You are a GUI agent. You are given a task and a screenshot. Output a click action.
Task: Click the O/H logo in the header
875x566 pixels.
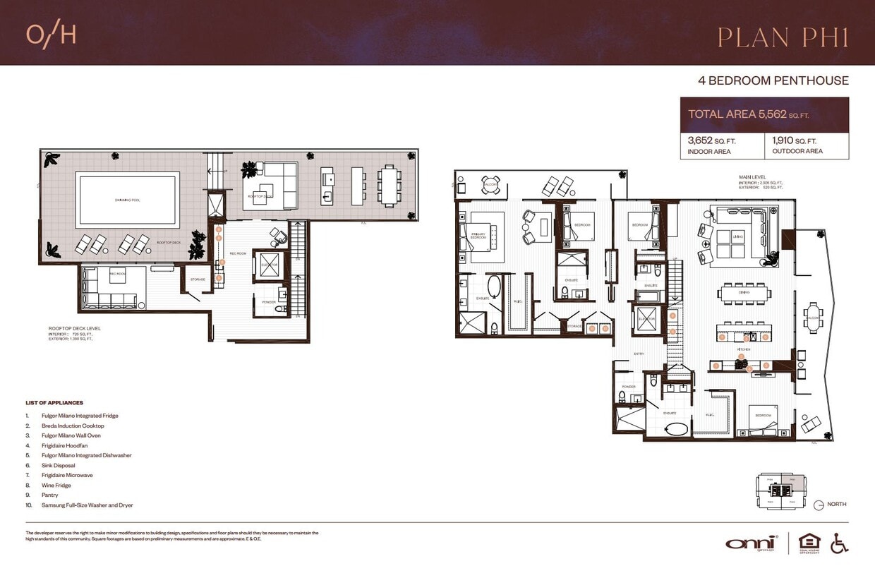pos(51,35)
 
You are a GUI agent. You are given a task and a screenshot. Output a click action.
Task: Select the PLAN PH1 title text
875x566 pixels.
pos(783,37)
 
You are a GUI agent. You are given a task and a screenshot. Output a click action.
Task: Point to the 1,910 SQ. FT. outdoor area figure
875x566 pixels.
pos(795,140)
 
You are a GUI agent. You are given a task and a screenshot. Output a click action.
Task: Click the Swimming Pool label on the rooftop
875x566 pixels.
pos(127,200)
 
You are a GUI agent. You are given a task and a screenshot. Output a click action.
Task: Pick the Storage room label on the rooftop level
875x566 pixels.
pos(198,279)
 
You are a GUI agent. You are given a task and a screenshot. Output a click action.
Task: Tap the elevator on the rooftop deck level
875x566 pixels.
pos(269,265)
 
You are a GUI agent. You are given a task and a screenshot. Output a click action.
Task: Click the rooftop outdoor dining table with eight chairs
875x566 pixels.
pos(388,186)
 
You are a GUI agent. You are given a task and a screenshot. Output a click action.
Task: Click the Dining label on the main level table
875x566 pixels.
pos(744,291)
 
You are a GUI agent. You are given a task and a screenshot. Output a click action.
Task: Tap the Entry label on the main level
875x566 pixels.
pos(639,354)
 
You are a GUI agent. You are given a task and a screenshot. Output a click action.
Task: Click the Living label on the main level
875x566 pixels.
pos(738,237)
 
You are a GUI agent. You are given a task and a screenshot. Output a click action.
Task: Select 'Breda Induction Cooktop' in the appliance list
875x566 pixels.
pos(73,426)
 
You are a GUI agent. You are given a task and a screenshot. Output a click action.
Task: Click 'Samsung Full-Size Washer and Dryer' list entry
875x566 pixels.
pos(87,505)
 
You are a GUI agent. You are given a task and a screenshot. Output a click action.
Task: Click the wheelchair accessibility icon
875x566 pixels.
pos(839,542)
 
